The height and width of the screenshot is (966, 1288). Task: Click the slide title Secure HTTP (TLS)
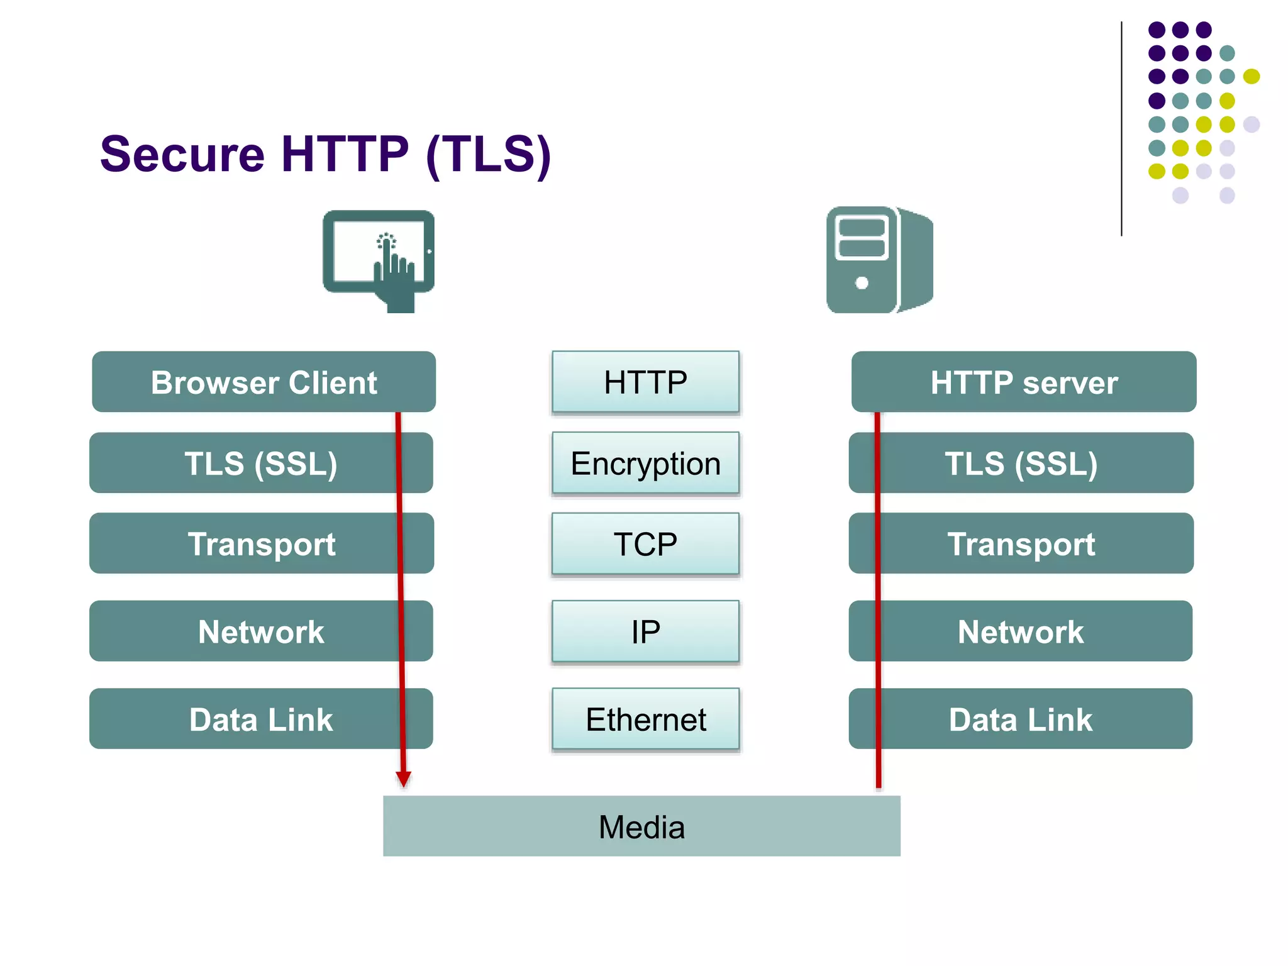[325, 155]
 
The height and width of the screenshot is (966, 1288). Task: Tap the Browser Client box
[264, 382]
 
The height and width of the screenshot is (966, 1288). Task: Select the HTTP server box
[1023, 382]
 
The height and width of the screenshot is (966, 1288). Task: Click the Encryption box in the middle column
[645, 464]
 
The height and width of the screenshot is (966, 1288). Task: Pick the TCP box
[645, 544]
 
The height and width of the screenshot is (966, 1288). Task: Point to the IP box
[645, 631]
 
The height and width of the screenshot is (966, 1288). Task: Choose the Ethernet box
[645, 719]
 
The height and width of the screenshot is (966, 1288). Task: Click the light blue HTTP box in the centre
[645, 382]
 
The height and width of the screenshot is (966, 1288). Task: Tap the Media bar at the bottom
[641, 826]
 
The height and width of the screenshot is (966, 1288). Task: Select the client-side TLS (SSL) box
[261, 464]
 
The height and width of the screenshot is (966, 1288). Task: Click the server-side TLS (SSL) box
[1021, 464]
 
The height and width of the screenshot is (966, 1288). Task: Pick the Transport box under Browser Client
[261, 544]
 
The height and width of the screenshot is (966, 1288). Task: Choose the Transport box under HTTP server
[1021, 544]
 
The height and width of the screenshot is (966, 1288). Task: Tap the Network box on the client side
[261, 631]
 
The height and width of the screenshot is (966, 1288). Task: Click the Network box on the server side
[1021, 631]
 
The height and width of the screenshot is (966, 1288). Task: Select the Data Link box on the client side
[261, 719]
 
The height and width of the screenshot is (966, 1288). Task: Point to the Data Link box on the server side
[1021, 719]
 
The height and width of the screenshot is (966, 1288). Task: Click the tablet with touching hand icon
[379, 258]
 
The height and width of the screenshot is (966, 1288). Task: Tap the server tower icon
[879, 259]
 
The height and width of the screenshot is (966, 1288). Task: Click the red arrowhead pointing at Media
[404, 779]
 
